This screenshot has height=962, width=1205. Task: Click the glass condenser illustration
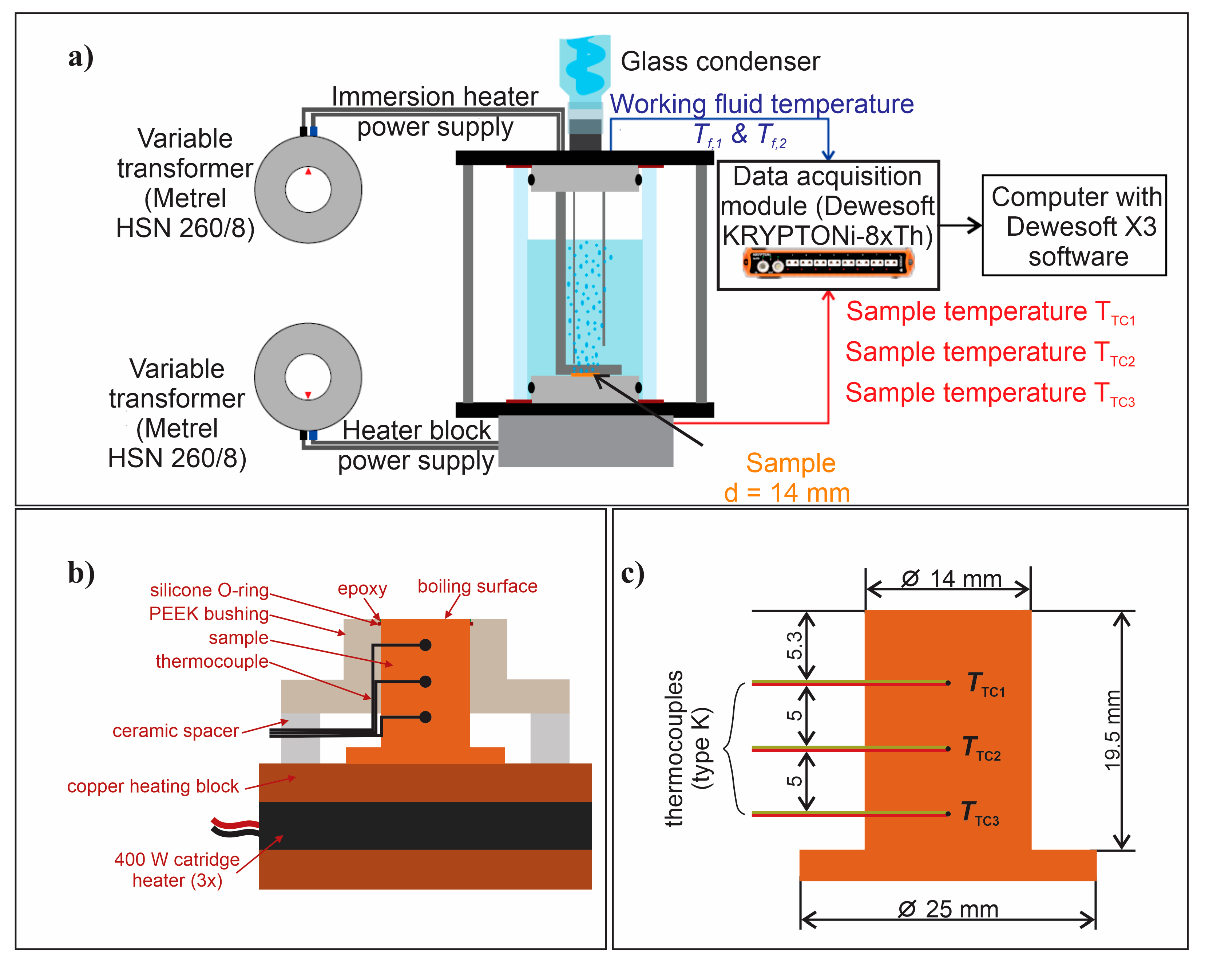click(x=584, y=67)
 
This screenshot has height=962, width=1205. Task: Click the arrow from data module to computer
click(x=960, y=225)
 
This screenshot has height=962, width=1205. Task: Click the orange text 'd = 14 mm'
click(x=786, y=493)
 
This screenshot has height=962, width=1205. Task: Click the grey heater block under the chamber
click(x=585, y=442)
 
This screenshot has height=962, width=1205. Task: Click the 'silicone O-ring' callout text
click(x=209, y=590)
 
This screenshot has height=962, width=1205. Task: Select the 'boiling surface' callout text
click(x=477, y=586)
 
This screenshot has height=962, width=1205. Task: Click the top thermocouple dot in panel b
click(x=425, y=645)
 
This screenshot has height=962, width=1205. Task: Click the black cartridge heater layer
click(x=425, y=825)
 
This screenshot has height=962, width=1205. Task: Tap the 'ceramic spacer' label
click(x=175, y=730)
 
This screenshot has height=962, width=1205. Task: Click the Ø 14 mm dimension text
click(x=951, y=578)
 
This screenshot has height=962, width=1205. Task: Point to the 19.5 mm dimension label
click(x=1112, y=730)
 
